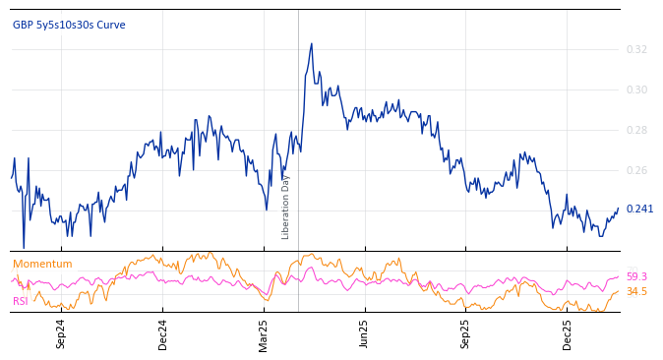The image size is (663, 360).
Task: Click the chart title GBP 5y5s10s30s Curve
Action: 69,25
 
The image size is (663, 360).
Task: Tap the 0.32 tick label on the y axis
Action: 636,49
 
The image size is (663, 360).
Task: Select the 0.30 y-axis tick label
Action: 636,90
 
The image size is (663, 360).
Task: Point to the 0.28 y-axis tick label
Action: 636,130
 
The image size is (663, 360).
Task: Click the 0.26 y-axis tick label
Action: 636,170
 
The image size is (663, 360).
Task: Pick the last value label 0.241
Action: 639,209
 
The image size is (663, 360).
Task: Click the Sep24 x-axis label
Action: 61,333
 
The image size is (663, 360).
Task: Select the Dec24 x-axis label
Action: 163,333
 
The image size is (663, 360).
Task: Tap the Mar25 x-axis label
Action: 264,333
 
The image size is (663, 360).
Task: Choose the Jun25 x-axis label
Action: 365,333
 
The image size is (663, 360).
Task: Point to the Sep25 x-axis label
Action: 466,333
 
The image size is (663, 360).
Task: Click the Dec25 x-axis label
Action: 568,333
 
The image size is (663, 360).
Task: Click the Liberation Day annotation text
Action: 286,207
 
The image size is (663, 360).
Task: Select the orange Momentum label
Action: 42,264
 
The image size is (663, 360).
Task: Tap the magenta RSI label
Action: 21,301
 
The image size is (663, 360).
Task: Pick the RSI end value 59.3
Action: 636,276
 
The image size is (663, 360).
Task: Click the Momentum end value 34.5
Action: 636,291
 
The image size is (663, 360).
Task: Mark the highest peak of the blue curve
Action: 312,44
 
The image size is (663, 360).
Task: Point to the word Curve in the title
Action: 111,25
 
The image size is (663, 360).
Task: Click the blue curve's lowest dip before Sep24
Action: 24,248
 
